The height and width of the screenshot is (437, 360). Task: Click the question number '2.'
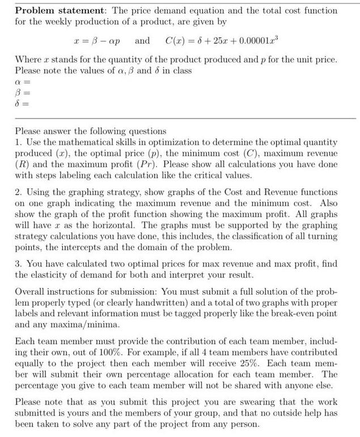click(18, 193)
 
